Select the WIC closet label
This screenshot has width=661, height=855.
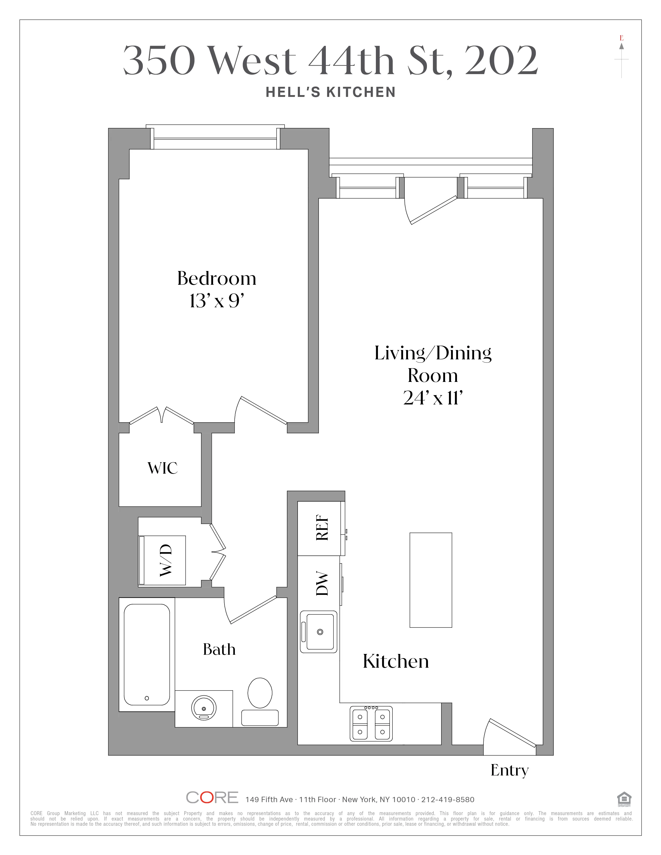[x=163, y=468]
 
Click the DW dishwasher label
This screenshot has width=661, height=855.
[x=321, y=583]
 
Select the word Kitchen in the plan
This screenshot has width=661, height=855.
[x=396, y=662]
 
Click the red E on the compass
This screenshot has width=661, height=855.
[x=621, y=38]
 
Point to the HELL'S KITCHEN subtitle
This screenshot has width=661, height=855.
[x=330, y=92]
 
